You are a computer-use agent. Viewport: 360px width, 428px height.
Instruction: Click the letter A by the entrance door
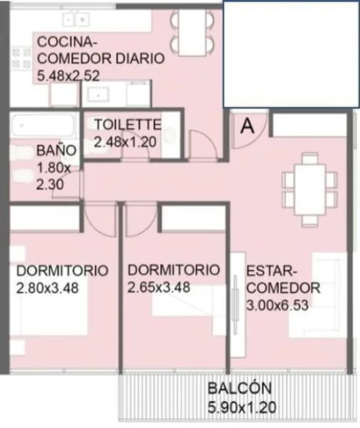(x=247, y=126)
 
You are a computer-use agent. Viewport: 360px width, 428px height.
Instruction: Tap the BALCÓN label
(x=240, y=388)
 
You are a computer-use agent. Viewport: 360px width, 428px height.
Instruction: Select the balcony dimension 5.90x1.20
(x=242, y=407)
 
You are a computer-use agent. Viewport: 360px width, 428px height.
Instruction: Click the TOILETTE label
(x=128, y=124)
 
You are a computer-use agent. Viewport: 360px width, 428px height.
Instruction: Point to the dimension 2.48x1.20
(x=125, y=142)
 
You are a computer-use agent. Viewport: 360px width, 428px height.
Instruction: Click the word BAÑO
(x=56, y=151)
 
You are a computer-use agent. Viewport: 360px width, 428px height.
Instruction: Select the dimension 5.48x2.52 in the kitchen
(x=68, y=76)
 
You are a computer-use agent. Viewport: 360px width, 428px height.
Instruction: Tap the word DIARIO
(x=140, y=58)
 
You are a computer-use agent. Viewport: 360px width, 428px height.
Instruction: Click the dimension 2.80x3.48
(x=48, y=288)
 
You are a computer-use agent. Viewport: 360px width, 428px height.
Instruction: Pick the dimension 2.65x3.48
(x=159, y=287)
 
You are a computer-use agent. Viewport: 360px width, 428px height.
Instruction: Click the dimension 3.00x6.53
(x=277, y=305)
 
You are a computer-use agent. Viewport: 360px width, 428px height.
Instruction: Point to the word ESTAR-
(x=272, y=271)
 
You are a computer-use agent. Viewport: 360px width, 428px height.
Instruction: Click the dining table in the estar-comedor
(x=310, y=190)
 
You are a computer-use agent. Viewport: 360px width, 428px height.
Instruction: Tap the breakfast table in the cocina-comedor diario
(x=192, y=32)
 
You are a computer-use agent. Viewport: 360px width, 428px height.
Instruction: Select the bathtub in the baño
(x=43, y=126)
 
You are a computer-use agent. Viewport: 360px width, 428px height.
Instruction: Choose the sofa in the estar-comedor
(x=318, y=295)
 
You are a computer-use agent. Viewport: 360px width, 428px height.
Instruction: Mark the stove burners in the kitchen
(x=21, y=58)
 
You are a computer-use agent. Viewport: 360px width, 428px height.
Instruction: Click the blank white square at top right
(x=291, y=54)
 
